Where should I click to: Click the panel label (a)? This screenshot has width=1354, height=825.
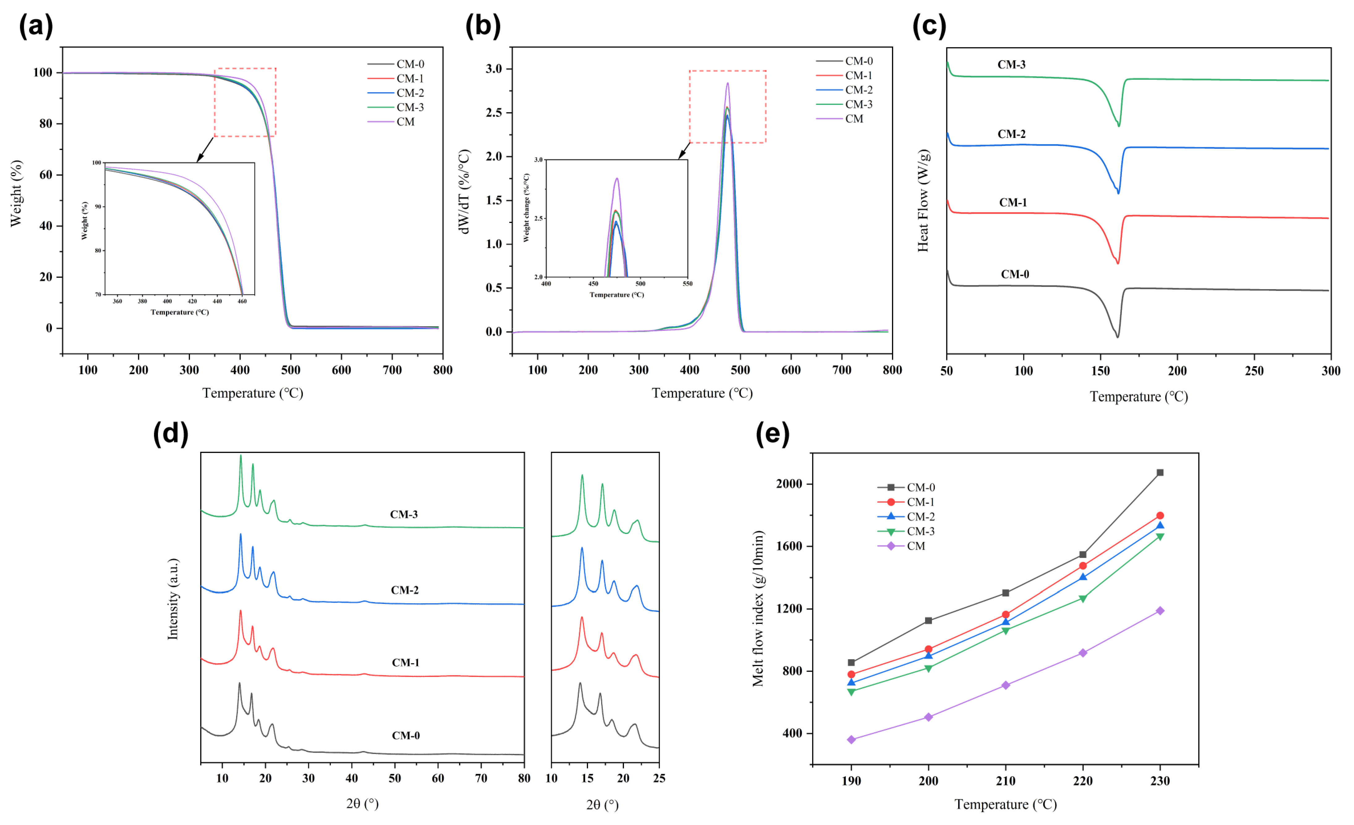pyautogui.click(x=36, y=26)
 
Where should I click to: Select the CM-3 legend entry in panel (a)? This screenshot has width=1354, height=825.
pyautogui.click(x=410, y=107)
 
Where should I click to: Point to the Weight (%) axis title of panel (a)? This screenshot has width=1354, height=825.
pyautogui.click(x=16, y=194)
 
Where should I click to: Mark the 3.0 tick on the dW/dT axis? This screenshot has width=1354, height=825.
pyautogui.click(x=494, y=69)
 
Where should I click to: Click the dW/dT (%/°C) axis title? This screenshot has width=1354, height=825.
pyautogui.click(x=464, y=191)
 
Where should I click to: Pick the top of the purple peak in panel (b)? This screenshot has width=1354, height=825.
pyautogui.click(x=728, y=83)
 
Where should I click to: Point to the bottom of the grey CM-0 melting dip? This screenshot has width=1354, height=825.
pyautogui.click(x=1117, y=337)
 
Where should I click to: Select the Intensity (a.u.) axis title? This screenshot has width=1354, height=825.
pyautogui.click(x=173, y=599)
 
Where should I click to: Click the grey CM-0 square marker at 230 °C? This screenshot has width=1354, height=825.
pyautogui.click(x=1160, y=473)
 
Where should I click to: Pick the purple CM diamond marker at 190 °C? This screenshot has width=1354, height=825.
pyautogui.click(x=851, y=740)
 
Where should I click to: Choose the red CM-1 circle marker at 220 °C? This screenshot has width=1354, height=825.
pyautogui.click(x=1083, y=566)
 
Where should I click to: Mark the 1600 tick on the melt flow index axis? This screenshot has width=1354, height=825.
pyautogui.click(x=790, y=546)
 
